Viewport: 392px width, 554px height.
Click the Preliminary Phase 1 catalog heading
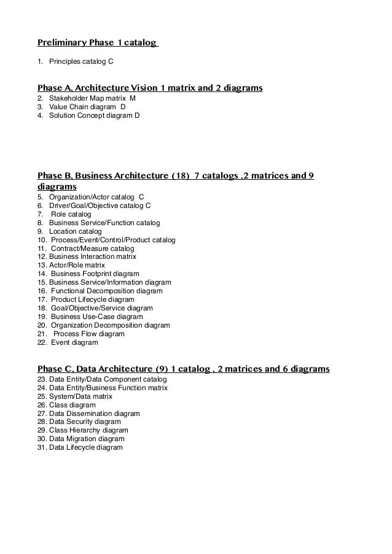[97, 43]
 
